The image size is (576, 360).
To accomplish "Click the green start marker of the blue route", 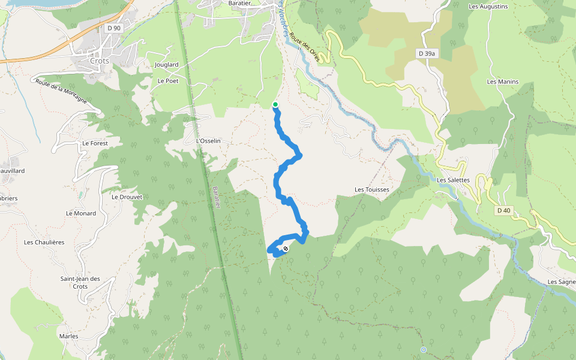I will pyautogui.click(x=275, y=104).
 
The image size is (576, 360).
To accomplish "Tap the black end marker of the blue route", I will pyautogui.click(x=286, y=248).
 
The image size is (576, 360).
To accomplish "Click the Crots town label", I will pyautogui.click(x=100, y=61).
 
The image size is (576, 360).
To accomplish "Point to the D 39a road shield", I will pyautogui.click(x=426, y=53).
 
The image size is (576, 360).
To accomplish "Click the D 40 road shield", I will pyautogui.click(x=503, y=211).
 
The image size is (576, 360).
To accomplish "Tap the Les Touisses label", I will pyautogui.click(x=372, y=190).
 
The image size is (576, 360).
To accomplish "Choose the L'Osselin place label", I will pyautogui.click(x=209, y=141).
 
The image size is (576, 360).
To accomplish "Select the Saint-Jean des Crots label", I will pyautogui.click(x=80, y=283).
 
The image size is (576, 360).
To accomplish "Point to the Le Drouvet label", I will pyautogui.click(x=127, y=196).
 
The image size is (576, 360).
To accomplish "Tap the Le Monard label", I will pyautogui.click(x=81, y=213).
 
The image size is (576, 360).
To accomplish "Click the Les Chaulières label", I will pyautogui.click(x=44, y=242).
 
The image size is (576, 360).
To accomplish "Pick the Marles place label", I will pyautogui.click(x=69, y=336).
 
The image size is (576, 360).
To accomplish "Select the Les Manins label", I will pyautogui.click(x=503, y=82).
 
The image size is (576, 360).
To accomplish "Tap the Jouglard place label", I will pyautogui.click(x=167, y=64).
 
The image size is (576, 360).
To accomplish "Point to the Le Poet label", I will pyautogui.click(x=168, y=80).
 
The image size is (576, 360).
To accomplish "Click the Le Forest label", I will pyautogui.click(x=94, y=143).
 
